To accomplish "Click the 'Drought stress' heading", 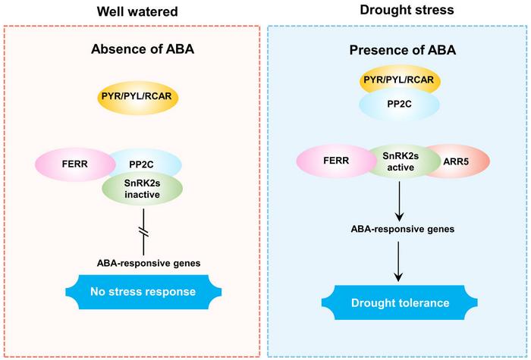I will point(397,11).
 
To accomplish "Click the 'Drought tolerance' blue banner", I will point(397,303).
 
